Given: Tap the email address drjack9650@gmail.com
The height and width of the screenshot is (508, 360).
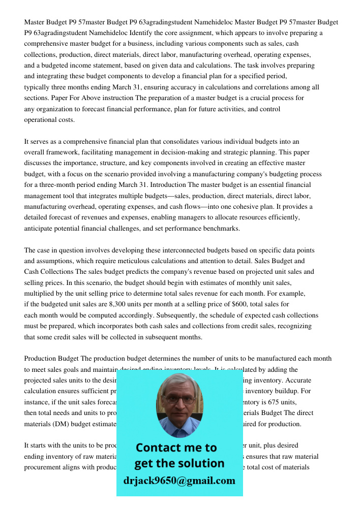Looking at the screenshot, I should click(179, 480).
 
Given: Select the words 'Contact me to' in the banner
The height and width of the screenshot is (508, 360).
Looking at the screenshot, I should click(176, 448).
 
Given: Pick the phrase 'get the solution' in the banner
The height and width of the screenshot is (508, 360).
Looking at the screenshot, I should click(179, 463).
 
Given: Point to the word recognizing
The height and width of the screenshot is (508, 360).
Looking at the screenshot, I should click(295, 326).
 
